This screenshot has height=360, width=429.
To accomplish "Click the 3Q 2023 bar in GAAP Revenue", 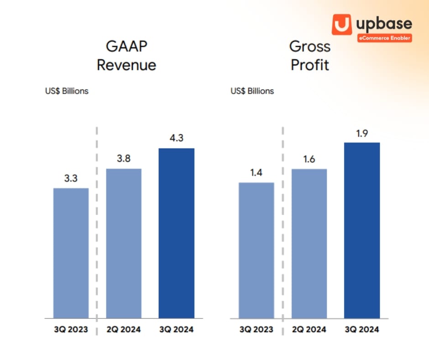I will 71,253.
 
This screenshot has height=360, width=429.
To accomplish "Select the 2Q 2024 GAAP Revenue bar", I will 124,244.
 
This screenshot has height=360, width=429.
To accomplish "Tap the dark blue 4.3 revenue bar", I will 177,233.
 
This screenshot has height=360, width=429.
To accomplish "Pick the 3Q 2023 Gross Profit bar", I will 256,250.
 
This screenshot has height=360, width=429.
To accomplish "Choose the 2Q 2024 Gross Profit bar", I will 309,244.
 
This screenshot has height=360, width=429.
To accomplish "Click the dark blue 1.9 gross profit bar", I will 362,230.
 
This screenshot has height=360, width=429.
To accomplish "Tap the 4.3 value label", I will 176,138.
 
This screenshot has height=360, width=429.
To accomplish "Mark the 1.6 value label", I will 309,159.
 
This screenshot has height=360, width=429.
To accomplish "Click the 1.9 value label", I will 362,133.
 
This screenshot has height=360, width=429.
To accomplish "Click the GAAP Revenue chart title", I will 126,56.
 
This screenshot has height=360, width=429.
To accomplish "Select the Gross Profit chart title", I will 310,55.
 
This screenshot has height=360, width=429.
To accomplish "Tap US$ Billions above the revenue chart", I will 67,91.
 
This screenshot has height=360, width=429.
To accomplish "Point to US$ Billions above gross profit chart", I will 252,91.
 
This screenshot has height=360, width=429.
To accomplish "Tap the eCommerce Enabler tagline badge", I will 385,38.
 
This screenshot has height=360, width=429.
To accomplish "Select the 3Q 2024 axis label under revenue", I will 176,329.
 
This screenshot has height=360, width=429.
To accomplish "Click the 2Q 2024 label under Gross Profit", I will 309,329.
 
